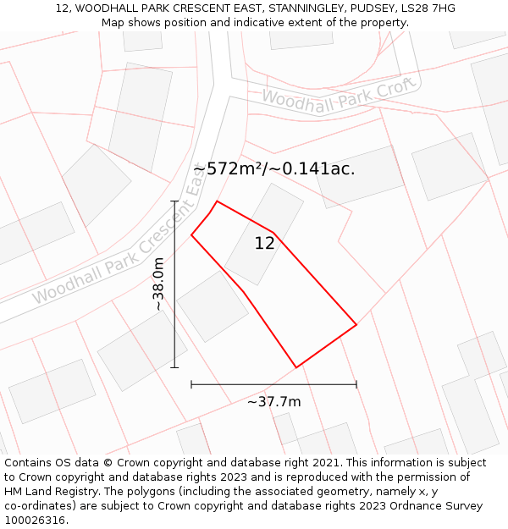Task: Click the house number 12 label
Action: pyautogui.click(x=264, y=244)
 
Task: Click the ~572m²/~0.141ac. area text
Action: pyautogui.click(x=273, y=168)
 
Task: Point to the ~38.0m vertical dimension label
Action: pyautogui.click(x=158, y=284)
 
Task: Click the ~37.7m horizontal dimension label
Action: pyautogui.click(x=273, y=401)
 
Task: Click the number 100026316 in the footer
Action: pyautogui.click(x=36, y=521)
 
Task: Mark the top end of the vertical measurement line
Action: pyautogui.click(x=175, y=201)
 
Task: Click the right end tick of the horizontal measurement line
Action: pyautogui.click(x=356, y=384)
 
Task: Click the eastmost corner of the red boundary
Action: pyautogui.click(x=356, y=324)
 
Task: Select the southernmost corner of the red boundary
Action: pyautogui.click(x=296, y=367)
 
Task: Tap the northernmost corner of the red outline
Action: pyautogui.click(x=217, y=201)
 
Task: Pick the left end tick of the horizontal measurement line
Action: pyautogui.click(x=191, y=384)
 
